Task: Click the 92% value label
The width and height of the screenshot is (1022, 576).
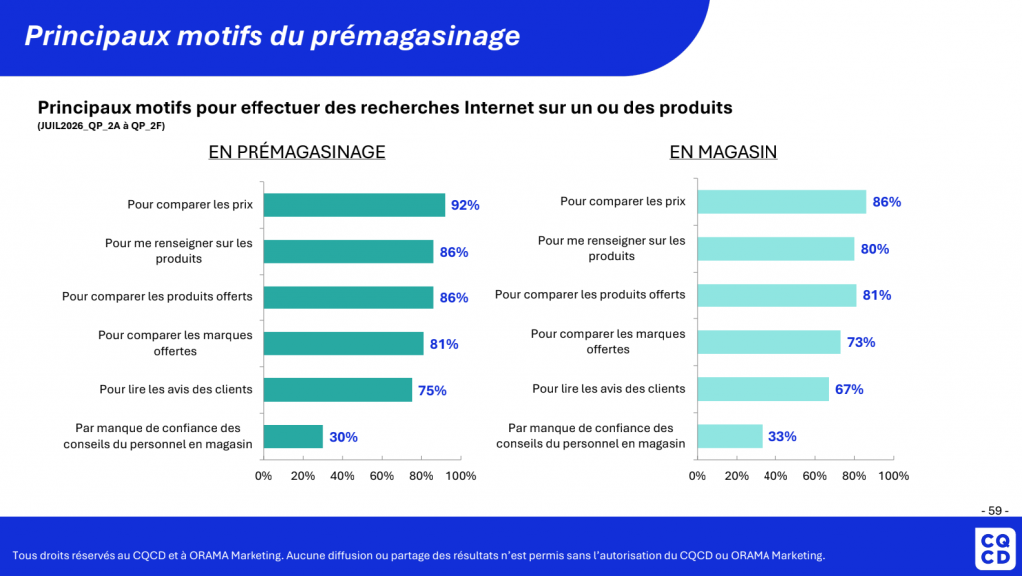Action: coord(465,205)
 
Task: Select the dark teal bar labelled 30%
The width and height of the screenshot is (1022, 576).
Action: coord(293,436)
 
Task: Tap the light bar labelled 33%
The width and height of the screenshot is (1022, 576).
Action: coord(730,436)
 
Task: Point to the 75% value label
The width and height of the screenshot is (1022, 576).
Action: coord(432,391)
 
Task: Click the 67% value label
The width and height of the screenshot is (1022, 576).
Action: coord(849,389)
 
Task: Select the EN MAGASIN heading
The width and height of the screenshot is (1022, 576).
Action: coord(723,151)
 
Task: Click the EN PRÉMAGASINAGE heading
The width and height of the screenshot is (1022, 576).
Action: coord(296,151)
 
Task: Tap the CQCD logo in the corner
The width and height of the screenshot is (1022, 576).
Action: coord(995,549)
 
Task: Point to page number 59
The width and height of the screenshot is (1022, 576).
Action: coord(995,511)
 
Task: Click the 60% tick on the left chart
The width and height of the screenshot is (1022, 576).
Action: coord(382,476)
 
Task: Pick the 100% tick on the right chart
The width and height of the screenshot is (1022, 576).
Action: coord(893,476)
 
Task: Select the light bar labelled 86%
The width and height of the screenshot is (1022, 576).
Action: coord(781,202)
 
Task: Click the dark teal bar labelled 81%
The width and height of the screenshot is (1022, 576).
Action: coord(343,344)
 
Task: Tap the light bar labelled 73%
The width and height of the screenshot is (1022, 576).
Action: coord(769,342)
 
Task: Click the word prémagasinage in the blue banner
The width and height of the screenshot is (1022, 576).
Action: coord(415,36)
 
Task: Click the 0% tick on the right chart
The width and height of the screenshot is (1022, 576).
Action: coord(697,476)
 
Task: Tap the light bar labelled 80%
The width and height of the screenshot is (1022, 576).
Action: coord(775,249)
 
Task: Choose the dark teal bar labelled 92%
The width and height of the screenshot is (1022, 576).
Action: coord(354,205)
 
